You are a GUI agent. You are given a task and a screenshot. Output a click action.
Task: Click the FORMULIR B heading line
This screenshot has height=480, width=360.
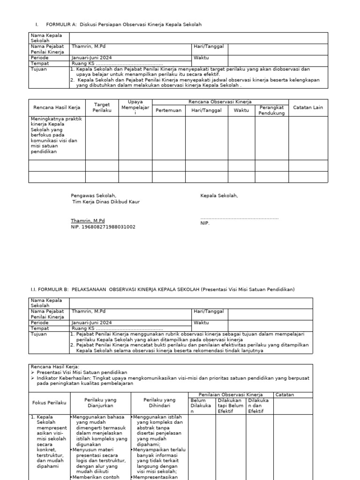tap(163, 289)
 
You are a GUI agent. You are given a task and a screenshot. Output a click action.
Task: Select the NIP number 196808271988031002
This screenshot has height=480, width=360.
tap(103, 227)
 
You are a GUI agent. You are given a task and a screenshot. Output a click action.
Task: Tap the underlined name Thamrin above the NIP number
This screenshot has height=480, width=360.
tap(88, 220)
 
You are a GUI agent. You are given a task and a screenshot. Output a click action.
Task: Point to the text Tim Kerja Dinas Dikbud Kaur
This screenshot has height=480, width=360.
tap(105, 202)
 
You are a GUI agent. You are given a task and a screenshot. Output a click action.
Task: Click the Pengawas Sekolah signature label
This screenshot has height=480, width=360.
tap(93, 195)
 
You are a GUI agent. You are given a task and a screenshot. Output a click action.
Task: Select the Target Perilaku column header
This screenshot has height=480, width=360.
tap(102, 107)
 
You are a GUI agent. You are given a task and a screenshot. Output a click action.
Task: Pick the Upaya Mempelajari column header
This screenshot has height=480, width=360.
tap(135, 107)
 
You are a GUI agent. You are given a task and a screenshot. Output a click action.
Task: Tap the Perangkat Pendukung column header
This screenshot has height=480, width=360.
tap(272, 110)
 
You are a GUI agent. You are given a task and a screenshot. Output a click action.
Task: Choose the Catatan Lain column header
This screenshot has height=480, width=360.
tap(308, 107)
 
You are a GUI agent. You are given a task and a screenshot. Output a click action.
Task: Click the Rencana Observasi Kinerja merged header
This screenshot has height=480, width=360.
tap(220, 102)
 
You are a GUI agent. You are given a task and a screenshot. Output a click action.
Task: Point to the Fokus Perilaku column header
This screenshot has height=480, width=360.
tap(49, 403)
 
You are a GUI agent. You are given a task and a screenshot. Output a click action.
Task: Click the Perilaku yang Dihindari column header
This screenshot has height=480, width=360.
tap(159, 403)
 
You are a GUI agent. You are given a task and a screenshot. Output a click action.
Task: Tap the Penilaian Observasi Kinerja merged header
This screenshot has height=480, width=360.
tap(230, 395)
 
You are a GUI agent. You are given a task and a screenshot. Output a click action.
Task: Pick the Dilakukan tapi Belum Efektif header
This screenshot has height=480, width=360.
tap(230, 405)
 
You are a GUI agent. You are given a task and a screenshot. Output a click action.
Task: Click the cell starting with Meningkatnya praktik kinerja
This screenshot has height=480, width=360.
tap(57, 136)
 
